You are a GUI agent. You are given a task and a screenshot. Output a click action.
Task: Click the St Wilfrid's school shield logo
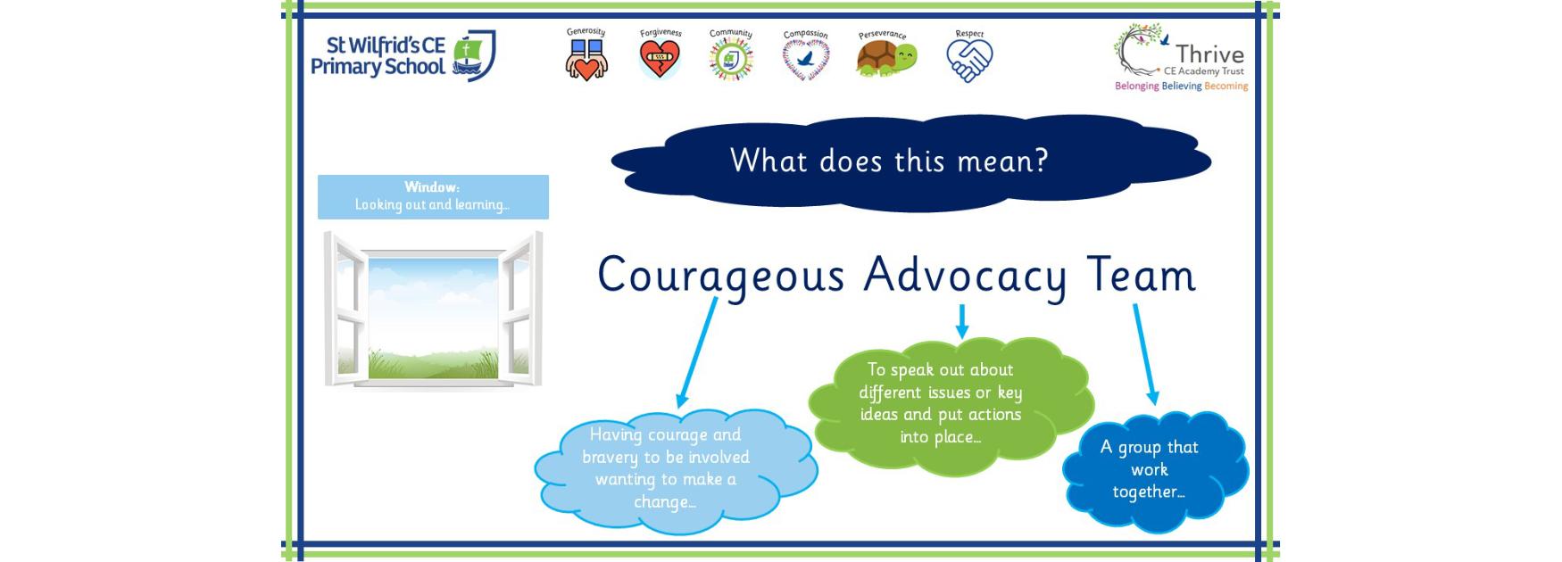click(x=474, y=56)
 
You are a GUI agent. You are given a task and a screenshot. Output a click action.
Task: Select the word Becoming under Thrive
click(x=1226, y=87)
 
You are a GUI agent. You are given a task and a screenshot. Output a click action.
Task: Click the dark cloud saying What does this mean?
click(x=910, y=162)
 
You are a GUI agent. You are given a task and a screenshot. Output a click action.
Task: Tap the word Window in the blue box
click(x=431, y=187)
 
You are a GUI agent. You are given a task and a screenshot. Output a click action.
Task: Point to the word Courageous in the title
click(x=720, y=275)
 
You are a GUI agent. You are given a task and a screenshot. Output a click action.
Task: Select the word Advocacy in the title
click(x=964, y=275)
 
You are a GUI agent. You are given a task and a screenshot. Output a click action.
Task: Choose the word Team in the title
click(x=1141, y=273)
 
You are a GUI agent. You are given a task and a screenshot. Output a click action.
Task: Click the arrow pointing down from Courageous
click(x=697, y=353)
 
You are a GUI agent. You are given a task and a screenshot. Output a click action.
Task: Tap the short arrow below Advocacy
click(x=961, y=322)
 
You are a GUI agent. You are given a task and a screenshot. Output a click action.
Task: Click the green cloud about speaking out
click(x=951, y=404)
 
